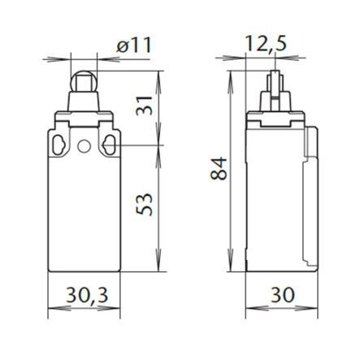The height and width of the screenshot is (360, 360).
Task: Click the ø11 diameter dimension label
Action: [x=133, y=45]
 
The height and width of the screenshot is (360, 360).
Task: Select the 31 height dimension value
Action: [x=145, y=106]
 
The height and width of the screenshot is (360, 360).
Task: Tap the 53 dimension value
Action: [x=145, y=204]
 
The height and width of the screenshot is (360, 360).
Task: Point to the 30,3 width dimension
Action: [x=87, y=295]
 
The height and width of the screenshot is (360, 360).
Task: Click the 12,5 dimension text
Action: [x=265, y=44]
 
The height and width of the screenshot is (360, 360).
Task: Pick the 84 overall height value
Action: [x=219, y=168]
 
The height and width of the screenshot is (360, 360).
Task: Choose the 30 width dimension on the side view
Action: [x=282, y=295]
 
